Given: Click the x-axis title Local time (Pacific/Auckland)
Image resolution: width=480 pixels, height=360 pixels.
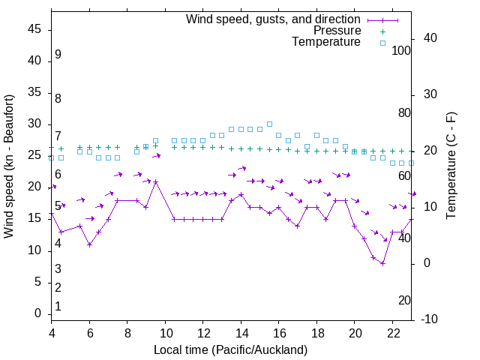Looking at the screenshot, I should (230, 349).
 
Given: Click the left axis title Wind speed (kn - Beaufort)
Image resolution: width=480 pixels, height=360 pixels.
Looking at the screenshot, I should (9, 166).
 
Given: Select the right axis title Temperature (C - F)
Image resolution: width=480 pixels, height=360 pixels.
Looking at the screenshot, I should (451, 166).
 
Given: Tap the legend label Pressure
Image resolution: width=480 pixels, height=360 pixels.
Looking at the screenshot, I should (337, 31).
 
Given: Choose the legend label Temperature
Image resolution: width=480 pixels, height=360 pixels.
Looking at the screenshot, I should (326, 42).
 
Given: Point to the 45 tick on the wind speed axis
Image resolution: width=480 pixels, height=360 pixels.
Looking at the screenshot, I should (34, 29).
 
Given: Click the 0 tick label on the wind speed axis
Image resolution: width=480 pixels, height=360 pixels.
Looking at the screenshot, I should (38, 314).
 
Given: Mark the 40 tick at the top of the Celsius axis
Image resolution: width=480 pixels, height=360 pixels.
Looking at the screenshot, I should (430, 38).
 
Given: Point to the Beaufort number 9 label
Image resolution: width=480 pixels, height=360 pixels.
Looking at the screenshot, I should (58, 55).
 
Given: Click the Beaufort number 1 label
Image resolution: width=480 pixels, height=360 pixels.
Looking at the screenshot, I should (58, 307).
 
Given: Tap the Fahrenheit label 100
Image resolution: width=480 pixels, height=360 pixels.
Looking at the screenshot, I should (401, 50).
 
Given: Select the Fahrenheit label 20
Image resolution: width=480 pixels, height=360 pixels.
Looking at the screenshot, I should (404, 301).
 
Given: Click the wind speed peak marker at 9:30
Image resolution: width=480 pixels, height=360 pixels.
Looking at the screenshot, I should (156, 181).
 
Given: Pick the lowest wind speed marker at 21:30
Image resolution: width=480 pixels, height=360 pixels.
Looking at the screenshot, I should (382, 263).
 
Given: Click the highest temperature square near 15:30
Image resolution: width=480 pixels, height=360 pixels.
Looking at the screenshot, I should (269, 124).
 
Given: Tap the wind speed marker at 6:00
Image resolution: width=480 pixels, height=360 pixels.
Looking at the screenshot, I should (89, 244).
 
